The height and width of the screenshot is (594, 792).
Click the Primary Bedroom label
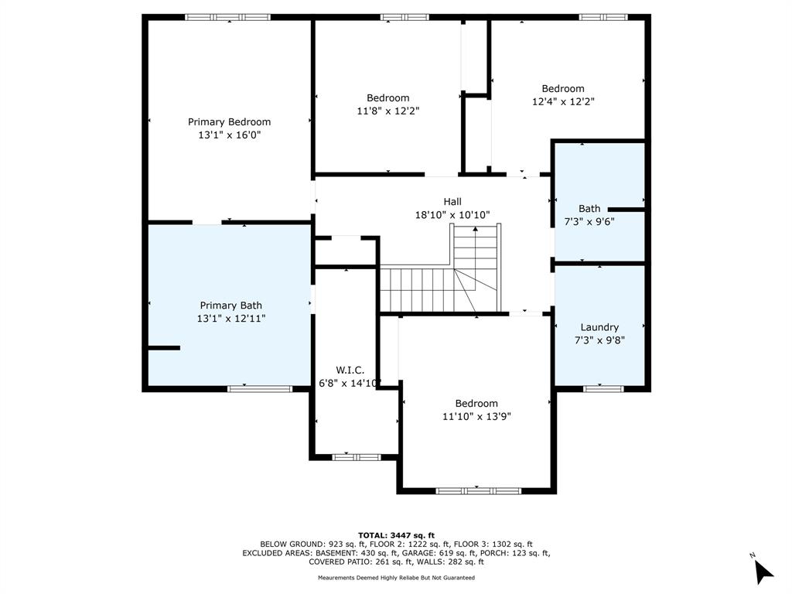229,121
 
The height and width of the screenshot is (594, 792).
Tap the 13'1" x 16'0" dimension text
229,135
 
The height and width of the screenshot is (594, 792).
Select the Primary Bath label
230,306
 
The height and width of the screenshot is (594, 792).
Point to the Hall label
452,202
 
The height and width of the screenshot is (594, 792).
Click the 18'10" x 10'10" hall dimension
452,215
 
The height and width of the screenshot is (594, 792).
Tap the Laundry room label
599,327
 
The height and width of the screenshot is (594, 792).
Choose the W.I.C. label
350,370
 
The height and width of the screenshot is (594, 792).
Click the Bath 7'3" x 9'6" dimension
589,221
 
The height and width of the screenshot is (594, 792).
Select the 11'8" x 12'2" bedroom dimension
388,111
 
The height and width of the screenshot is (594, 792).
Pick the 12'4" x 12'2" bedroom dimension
563,101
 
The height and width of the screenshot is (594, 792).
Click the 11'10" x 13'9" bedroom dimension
476,416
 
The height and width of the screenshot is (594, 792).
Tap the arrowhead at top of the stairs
476,230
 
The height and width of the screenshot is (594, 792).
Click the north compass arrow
763,572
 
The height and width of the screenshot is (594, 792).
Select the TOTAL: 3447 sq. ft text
396,535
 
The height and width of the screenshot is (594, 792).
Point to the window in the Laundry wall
603,388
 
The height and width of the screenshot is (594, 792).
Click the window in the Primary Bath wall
260,388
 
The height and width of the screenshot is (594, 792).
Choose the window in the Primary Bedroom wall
228,17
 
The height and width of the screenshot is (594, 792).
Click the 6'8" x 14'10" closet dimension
349,384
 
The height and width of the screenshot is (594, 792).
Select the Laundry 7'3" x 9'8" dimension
599,340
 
